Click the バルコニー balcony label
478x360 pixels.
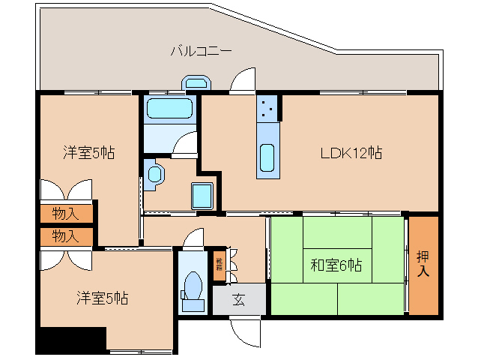[x=201, y=52]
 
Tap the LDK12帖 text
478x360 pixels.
[x=351, y=153]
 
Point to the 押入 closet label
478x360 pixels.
[x=423, y=265]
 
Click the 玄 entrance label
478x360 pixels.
[x=238, y=300]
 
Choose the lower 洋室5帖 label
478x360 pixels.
[x=101, y=298]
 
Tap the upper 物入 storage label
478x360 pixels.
[x=65, y=213]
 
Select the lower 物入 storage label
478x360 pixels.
[x=65, y=236]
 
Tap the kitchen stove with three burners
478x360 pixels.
[x=267, y=108]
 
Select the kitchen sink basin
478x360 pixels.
[x=267, y=158]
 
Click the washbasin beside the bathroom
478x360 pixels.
[x=155, y=174]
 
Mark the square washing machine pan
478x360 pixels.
[x=203, y=196]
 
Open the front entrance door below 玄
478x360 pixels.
[x=243, y=330]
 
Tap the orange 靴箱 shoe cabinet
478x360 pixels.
[x=220, y=265]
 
